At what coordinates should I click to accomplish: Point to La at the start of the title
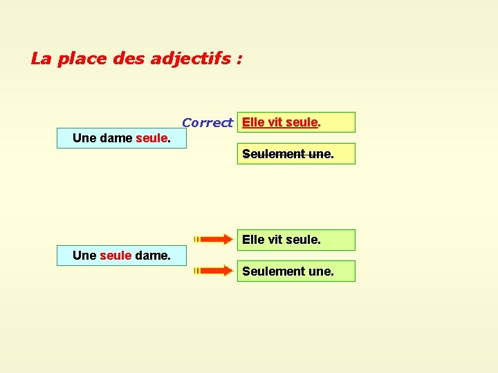click(41, 59)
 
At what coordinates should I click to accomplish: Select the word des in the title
click(126, 59)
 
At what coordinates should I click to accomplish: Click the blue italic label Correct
click(207, 123)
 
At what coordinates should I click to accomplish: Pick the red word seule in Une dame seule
click(151, 138)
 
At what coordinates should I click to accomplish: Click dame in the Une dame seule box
click(116, 138)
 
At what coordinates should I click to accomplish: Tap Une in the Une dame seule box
click(84, 138)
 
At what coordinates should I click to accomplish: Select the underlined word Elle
click(253, 122)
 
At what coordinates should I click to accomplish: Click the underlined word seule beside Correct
click(302, 122)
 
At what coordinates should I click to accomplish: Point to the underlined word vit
click(275, 122)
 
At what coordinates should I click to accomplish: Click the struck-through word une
click(320, 154)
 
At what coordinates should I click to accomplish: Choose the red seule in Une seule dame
click(116, 256)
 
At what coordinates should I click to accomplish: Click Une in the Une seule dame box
click(84, 256)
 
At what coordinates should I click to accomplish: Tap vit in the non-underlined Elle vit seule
click(275, 240)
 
